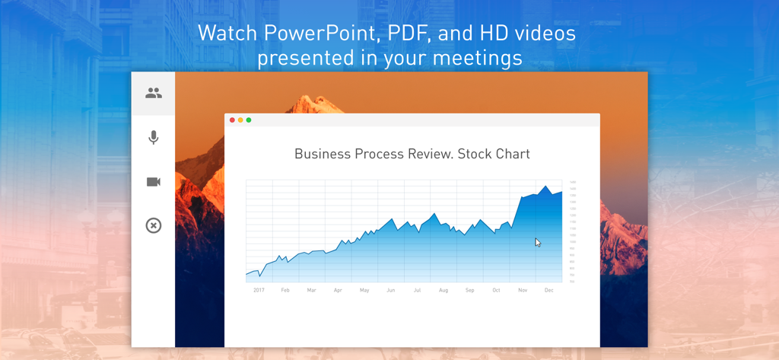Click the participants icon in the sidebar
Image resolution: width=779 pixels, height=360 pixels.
coord(154,93)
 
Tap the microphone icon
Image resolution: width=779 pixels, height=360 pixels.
coord(154,137)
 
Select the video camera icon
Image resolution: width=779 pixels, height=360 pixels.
coord(154,182)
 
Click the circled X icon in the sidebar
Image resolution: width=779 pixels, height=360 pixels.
coord(154,225)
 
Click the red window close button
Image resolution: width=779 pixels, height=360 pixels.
coord(232,120)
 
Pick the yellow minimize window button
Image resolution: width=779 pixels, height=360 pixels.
coord(240,120)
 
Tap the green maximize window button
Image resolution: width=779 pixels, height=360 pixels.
coord(249,120)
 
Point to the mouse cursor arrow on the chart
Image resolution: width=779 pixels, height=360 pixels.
coord(537,242)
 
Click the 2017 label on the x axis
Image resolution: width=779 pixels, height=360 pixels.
coord(259,290)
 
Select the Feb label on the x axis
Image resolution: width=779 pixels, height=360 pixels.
coord(285,290)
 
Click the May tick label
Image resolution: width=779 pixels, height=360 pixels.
coord(364,290)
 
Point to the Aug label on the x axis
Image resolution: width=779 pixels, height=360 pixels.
coord(444,290)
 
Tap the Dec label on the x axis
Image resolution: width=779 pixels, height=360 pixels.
coord(548,290)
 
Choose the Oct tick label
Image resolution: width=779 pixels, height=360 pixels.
coord(496,290)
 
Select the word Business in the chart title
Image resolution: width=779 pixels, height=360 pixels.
coord(323,154)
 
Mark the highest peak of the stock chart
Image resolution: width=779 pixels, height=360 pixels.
coord(545,186)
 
